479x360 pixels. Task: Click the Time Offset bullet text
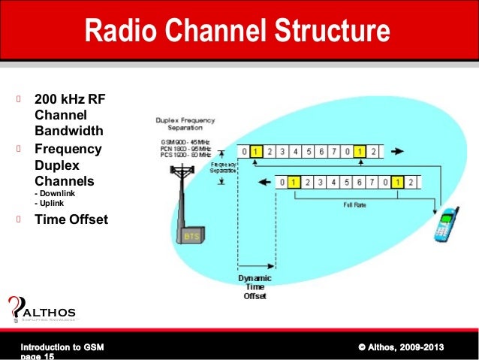click(x=71, y=219)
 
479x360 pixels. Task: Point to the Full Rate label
click(x=354, y=204)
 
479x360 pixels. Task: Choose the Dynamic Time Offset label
click(x=255, y=287)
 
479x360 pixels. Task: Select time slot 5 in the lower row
click(x=346, y=182)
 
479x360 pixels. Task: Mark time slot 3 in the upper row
click(x=282, y=151)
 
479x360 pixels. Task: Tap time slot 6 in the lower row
click(x=359, y=182)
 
